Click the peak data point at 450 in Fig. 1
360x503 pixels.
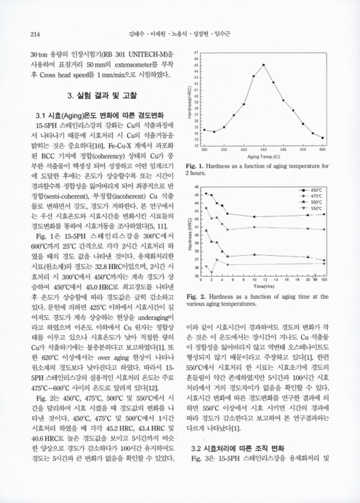pos(263,65)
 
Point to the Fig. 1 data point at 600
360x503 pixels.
pos(323,138)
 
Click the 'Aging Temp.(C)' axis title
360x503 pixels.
pos(263,156)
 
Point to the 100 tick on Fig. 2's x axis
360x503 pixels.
pos(324,279)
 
